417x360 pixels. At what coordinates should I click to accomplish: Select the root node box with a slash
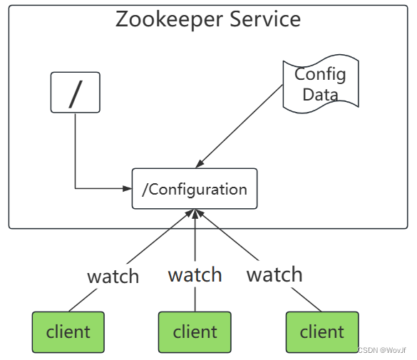click(x=75, y=92)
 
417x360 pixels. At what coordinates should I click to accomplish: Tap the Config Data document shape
click(x=320, y=85)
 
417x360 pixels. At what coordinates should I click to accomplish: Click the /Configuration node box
click(x=195, y=189)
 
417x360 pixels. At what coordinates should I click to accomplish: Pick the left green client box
click(x=68, y=331)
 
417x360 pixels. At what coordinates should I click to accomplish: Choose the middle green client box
click(x=195, y=331)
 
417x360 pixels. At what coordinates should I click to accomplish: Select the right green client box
click(x=321, y=331)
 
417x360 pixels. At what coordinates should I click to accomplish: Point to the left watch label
click(x=113, y=277)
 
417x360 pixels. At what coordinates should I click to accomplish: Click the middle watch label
click(x=195, y=274)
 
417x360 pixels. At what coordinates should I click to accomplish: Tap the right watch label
click(x=274, y=274)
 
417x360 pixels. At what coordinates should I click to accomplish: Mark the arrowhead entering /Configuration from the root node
click(x=128, y=189)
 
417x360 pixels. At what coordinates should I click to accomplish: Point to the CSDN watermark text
click(x=381, y=351)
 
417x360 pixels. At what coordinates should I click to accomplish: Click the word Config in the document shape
click(x=320, y=74)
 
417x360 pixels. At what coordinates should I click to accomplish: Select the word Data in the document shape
click(x=320, y=94)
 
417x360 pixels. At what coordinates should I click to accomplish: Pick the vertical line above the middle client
click(x=195, y=299)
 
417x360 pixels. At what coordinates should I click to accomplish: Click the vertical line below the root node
click(x=75, y=150)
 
